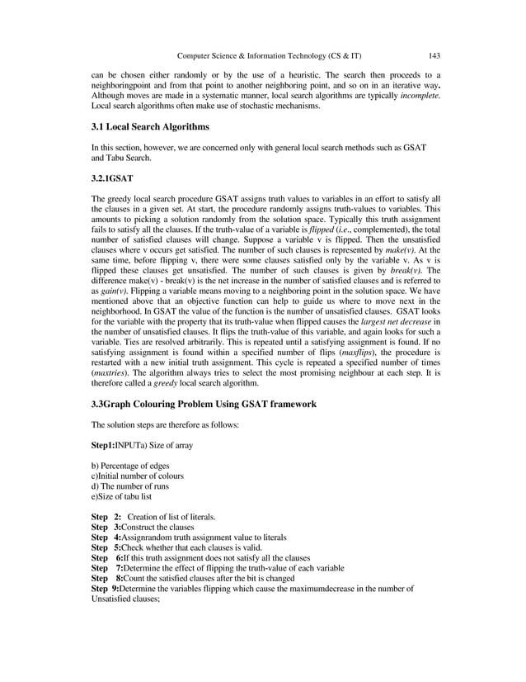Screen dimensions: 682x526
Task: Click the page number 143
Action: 434,55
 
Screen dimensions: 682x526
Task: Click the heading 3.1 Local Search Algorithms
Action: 150,127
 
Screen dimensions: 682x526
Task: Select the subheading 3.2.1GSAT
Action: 112,178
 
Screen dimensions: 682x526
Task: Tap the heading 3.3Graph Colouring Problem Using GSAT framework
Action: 203,405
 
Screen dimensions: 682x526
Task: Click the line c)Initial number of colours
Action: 137,476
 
